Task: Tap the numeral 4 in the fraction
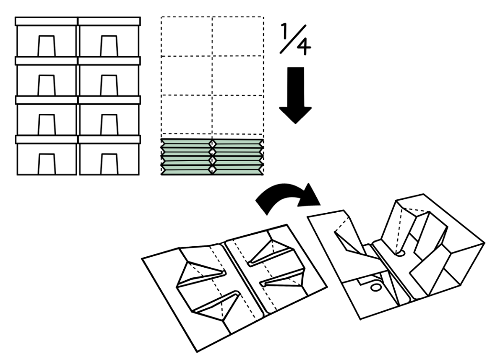303,47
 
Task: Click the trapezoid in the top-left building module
47,46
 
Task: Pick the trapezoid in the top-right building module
109,46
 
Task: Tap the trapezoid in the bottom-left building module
47,164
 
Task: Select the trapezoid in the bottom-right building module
109,164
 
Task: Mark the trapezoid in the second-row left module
47,85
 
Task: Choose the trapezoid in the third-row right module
109,125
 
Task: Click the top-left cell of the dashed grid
187,36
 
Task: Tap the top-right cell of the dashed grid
238,36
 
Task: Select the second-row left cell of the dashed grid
187,76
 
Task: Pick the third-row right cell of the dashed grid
238,114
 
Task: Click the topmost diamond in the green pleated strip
212,143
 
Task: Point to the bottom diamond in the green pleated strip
212,170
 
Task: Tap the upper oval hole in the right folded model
400,254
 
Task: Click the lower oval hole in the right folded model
376,287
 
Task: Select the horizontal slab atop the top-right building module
109,22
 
